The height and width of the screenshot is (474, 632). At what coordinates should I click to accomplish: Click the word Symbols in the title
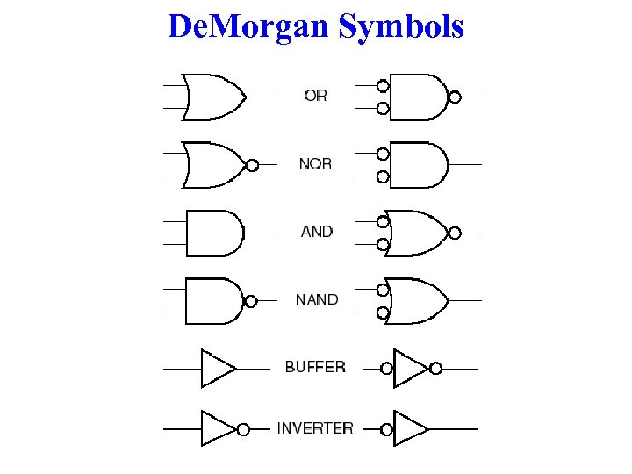(x=401, y=27)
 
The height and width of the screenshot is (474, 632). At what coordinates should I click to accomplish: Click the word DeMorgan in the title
(x=248, y=26)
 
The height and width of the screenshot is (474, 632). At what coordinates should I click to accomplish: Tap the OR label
(x=315, y=95)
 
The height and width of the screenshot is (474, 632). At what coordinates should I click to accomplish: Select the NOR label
(x=315, y=163)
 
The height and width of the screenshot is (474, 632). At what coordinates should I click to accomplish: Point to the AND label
(x=317, y=232)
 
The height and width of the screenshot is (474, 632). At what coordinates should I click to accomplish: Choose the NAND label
(x=316, y=300)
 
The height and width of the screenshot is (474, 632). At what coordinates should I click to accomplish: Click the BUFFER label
(x=315, y=367)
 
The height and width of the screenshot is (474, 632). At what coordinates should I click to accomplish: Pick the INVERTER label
(x=315, y=428)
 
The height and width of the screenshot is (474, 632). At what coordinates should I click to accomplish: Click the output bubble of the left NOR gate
(x=252, y=165)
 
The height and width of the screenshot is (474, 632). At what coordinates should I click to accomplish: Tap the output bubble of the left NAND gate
(x=250, y=301)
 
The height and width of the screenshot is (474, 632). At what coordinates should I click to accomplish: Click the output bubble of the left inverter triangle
(x=243, y=429)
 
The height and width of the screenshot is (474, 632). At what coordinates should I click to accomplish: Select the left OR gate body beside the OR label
(x=213, y=96)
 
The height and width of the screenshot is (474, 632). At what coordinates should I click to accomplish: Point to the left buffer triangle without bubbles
(x=216, y=369)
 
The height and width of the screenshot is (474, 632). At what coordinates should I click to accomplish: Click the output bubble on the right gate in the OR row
(x=455, y=97)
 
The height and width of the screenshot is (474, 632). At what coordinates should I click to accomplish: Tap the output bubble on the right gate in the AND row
(x=454, y=233)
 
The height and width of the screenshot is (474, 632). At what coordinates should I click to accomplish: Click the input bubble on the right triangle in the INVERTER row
(x=387, y=429)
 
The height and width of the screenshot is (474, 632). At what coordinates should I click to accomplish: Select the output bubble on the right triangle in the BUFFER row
(x=435, y=369)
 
